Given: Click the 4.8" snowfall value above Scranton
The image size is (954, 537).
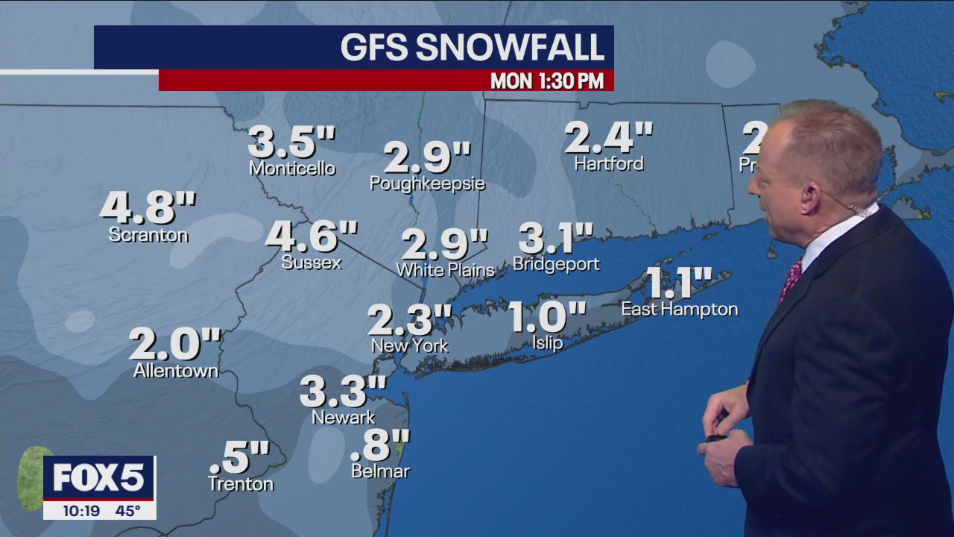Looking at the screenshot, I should click(148, 208).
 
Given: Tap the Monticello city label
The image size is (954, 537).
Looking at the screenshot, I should click(292, 169).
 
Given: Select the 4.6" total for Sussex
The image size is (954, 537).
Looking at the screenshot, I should click(312, 237).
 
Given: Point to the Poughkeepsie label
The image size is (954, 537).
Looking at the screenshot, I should click(428, 183).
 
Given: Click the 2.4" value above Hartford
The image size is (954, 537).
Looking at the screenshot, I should click(608, 138).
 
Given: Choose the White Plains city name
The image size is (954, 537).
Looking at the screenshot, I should click(446, 270).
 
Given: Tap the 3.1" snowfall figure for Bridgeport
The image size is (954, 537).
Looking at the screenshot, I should click(555, 239).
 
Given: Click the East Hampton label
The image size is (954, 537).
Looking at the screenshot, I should click(680, 309).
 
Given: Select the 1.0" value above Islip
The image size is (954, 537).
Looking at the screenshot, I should click(546, 318).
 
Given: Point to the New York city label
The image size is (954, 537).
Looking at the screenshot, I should click(410, 345).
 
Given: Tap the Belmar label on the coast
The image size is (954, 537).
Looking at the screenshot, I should click(380, 471).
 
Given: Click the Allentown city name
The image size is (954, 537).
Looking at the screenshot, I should click(176, 371).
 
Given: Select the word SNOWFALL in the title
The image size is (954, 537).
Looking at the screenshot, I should click(509, 48).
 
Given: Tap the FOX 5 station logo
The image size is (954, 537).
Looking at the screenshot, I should click(98, 477).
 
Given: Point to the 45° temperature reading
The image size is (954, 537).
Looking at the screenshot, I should click(127, 511).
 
